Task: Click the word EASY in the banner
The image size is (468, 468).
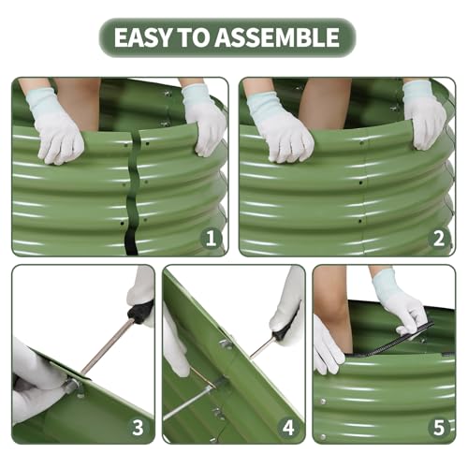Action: (x=142, y=37)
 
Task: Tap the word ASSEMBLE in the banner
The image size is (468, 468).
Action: (x=277, y=37)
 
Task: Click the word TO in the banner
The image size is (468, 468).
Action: (x=193, y=37)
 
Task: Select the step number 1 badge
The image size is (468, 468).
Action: (x=212, y=239)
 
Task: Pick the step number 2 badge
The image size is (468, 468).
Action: (x=439, y=239)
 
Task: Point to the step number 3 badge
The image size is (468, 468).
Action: (x=138, y=427)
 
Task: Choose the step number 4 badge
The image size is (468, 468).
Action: (x=288, y=427)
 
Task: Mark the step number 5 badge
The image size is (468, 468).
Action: (x=439, y=427)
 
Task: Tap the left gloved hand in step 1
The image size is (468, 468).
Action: (x=56, y=128)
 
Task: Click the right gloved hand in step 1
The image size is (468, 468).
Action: (x=204, y=120)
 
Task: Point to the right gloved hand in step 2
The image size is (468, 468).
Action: (x=424, y=114)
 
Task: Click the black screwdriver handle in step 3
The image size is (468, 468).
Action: (x=140, y=312)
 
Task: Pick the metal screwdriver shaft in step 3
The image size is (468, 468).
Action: (x=107, y=345)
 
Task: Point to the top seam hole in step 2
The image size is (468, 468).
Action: (x=361, y=143)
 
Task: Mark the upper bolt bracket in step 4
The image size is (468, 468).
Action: (x=226, y=344)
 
